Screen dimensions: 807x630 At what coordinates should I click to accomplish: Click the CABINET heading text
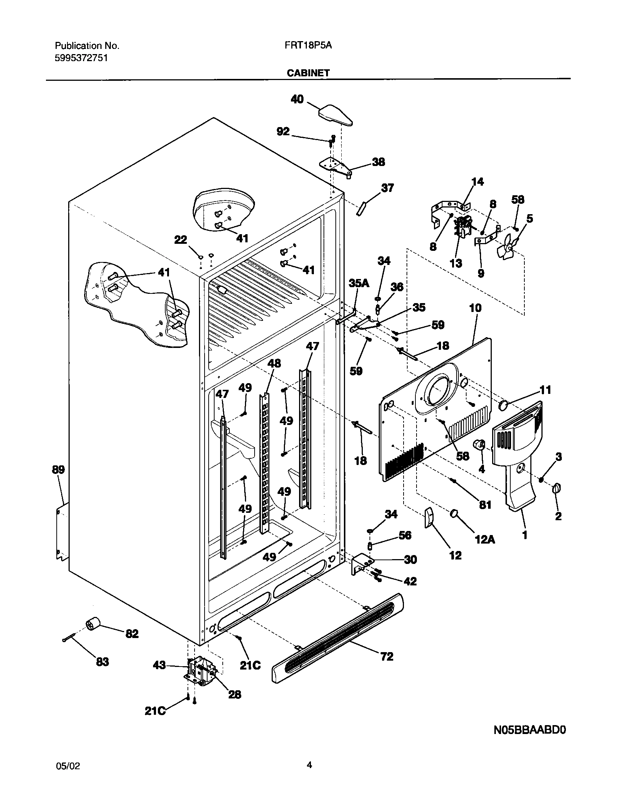coord(308,73)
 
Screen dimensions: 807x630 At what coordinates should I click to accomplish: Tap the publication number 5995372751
coord(82,58)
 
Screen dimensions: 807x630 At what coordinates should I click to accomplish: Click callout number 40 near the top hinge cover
coord(297,99)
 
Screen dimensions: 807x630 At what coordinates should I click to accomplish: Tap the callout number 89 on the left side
coord(58,469)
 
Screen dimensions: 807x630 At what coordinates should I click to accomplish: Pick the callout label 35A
coord(359,283)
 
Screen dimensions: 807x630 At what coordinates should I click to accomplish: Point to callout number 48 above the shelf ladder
coord(274,363)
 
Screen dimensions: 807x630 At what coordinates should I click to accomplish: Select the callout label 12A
coord(484,539)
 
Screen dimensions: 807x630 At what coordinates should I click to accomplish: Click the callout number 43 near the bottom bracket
coord(159,666)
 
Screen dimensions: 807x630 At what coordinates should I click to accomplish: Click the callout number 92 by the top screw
coord(283,132)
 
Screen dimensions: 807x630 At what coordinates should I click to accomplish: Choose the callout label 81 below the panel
coord(485,504)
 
